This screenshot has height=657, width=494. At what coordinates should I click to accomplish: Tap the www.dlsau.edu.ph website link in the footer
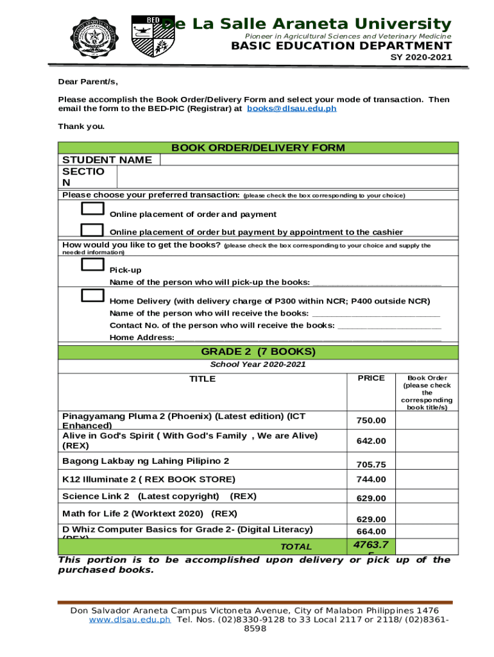pos(130,620)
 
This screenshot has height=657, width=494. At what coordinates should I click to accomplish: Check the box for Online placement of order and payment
pos(92,209)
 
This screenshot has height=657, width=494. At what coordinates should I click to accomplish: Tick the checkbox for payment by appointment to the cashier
pos(92,230)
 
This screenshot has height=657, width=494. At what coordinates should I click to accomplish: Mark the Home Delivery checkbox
pos(92,295)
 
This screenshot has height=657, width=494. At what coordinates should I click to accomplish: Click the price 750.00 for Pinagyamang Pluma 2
pos(371,420)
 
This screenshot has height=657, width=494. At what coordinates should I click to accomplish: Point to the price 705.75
pos(371,465)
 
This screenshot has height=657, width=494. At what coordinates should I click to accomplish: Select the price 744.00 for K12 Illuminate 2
pos(371,479)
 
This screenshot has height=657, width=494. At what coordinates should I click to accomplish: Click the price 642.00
pos(371,441)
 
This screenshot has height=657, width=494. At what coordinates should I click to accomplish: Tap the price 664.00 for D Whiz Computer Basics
pos(371,531)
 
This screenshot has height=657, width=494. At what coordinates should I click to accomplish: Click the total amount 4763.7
pos(371,545)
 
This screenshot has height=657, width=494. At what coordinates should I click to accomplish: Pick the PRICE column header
pos(371,379)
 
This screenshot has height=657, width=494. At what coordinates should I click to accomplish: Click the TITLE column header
pos(202,379)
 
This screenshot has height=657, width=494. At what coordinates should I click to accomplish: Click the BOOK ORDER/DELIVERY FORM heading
pos(258,148)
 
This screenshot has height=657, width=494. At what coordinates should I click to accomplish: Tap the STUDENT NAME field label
pos(107,160)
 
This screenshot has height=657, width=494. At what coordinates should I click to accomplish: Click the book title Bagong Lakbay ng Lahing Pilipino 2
pos(146,461)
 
